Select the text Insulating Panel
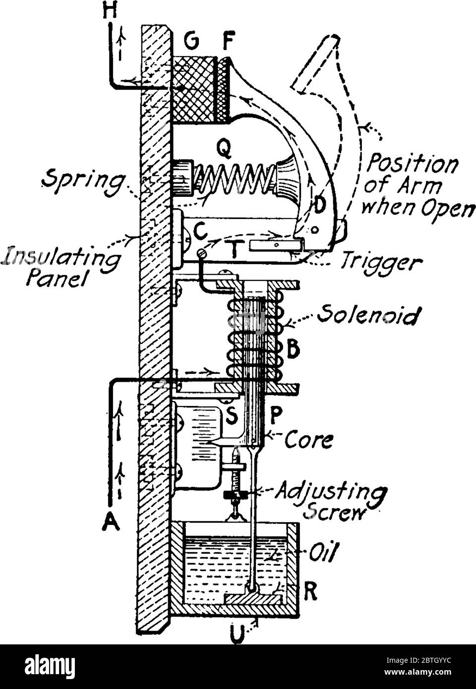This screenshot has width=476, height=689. coord(62,268)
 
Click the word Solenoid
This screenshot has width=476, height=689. coord(367,315)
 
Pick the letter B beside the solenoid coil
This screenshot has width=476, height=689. coord(294,350)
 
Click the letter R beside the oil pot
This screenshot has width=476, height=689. coord(310,593)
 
